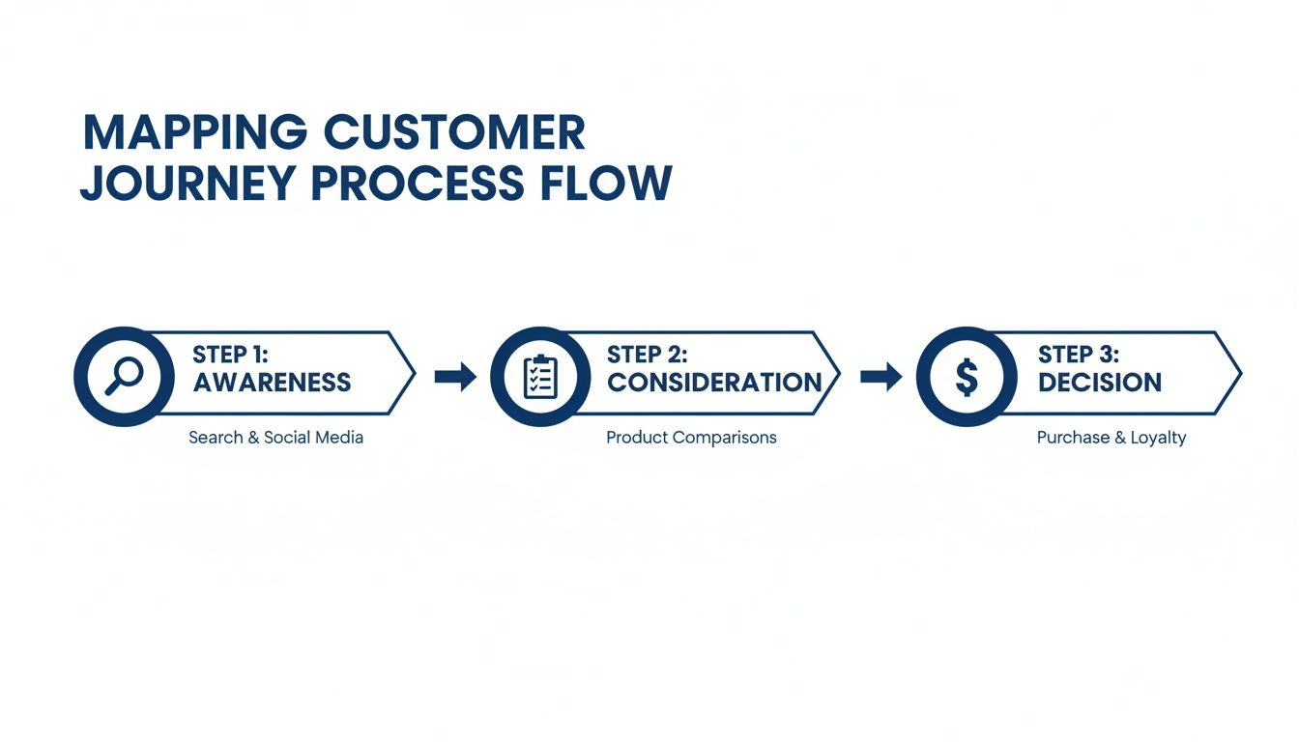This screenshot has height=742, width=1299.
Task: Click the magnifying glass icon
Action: [124, 376]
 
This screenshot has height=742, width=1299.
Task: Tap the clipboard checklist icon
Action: [540, 377]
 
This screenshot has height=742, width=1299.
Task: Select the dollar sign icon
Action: [966, 377]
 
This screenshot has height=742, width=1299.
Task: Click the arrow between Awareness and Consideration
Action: [455, 377]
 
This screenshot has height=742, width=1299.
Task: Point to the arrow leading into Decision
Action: [880, 377]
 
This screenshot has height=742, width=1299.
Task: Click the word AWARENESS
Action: [272, 383]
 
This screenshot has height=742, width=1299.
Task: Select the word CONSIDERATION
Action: [714, 383]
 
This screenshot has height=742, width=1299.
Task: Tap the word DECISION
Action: [1100, 383]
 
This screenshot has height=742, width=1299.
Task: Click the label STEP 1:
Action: [230, 354]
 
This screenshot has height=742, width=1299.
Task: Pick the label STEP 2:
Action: [647, 354]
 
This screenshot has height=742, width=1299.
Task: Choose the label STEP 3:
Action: [1079, 354]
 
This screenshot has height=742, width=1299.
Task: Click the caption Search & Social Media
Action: [275, 438]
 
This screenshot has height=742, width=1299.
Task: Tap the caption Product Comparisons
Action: [691, 438]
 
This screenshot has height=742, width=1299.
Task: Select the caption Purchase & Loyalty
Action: [1111, 438]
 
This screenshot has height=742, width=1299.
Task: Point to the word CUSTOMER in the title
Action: [454, 133]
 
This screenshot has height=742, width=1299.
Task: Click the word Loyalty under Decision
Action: [1158, 438]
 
